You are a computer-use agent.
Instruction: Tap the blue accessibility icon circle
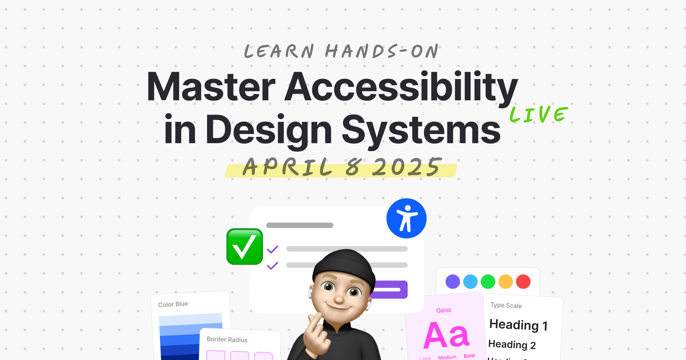tap(406, 219)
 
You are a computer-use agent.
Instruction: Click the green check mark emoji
tap(244, 247)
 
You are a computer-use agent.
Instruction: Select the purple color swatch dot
tap(452, 282)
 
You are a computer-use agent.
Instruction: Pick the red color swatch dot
tap(523, 282)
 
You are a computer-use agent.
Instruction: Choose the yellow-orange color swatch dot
tap(505, 282)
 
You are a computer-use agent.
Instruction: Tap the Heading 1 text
tap(518, 325)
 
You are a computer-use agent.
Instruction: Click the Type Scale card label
tap(506, 305)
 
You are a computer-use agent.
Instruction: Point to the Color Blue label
tap(173, 304)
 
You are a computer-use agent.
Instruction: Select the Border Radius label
tap(227, 339)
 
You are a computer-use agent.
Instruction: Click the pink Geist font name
tap(444, 310)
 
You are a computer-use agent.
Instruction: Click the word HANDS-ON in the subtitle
tap(382, 51)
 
